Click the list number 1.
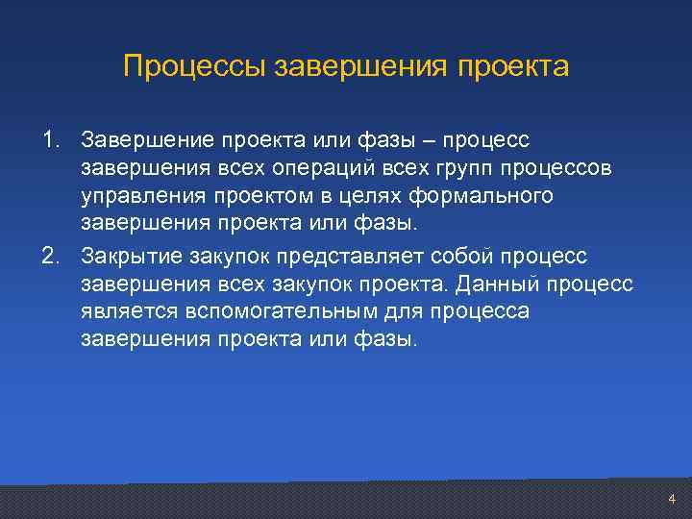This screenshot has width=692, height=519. [x=49, y=142]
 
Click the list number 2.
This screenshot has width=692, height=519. [x=49, y=258]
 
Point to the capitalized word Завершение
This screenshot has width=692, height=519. [x=148, y=142]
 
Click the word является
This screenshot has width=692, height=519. [x=126, y=313]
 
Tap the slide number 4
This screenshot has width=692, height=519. [x=672, y=499]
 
